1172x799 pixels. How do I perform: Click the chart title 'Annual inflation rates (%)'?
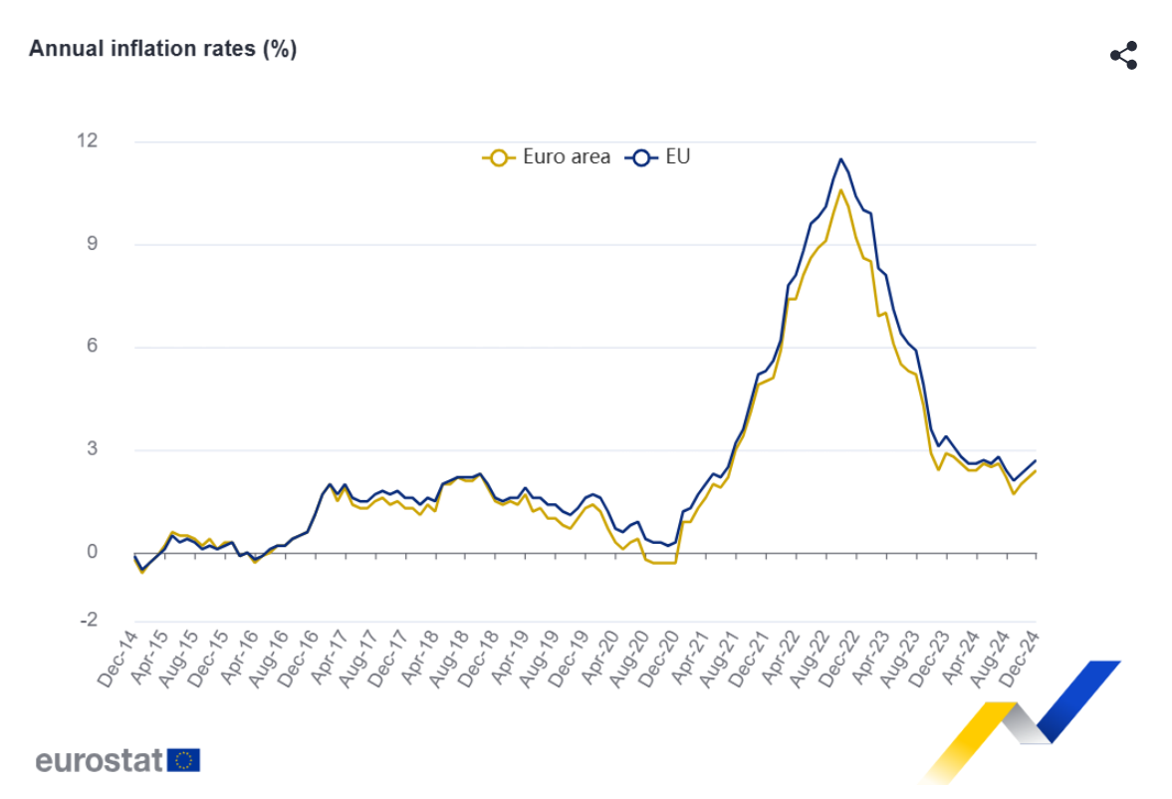coord(162,49)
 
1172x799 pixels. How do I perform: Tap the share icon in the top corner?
coord(1123,56)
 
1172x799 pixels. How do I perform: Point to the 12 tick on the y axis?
coord(88,140)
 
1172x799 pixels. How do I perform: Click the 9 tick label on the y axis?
coord(92,244)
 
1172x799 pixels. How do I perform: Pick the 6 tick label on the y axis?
coord(92,347)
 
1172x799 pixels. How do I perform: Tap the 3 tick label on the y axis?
coord(92,449)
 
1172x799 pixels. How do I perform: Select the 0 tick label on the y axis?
coord(92,552)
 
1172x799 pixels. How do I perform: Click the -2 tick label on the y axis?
coord(88,620)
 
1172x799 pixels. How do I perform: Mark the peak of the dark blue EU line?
coord(840,158)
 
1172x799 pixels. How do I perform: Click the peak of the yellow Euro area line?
coord(840,189)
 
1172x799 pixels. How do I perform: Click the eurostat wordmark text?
coord(99,761)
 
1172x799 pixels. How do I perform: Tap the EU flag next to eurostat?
coord(184,760)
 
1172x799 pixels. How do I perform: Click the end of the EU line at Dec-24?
coord(1036,460)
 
